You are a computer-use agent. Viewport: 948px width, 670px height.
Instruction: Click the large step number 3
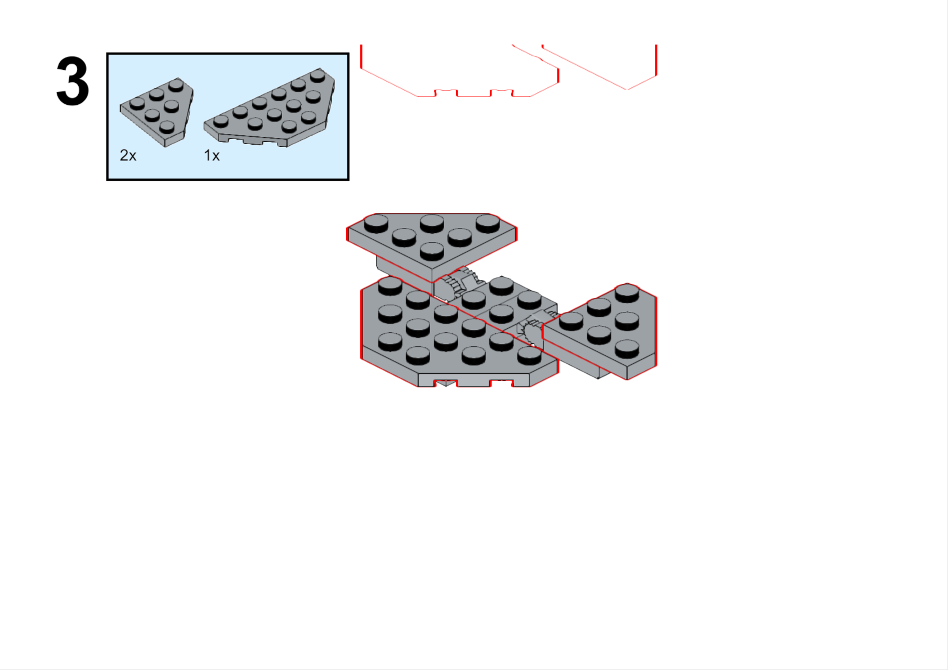pos(73,81)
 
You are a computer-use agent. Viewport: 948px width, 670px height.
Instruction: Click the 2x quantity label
pos(128,155)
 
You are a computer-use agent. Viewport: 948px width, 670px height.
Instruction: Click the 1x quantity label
pos(212,156)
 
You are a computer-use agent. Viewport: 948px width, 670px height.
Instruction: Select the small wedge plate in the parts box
pos(156,112)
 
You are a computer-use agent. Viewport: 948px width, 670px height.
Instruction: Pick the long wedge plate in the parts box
pos(270,108)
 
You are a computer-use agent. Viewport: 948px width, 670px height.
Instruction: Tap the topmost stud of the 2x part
pos(176,86)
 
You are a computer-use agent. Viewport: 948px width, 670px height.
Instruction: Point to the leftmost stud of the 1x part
pos(221,122)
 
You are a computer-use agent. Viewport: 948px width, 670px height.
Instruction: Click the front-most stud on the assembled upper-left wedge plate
pos(432,252)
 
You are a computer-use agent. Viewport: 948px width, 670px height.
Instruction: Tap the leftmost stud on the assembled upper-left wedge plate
pos(376,224)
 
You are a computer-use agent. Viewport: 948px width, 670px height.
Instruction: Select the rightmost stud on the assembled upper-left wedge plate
pos(488,224)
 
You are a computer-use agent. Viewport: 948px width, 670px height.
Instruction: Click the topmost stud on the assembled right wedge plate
pos(627,293)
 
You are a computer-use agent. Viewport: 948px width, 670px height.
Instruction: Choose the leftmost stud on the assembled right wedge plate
pos(571,321)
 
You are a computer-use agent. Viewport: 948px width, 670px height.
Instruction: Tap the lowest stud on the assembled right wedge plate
pos(627,349)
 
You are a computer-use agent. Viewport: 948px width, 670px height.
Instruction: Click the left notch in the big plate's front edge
pos(446,383)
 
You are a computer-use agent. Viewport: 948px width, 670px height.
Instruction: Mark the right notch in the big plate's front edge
pos(502,383)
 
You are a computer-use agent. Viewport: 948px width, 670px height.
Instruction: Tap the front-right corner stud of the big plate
pos(529,356)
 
